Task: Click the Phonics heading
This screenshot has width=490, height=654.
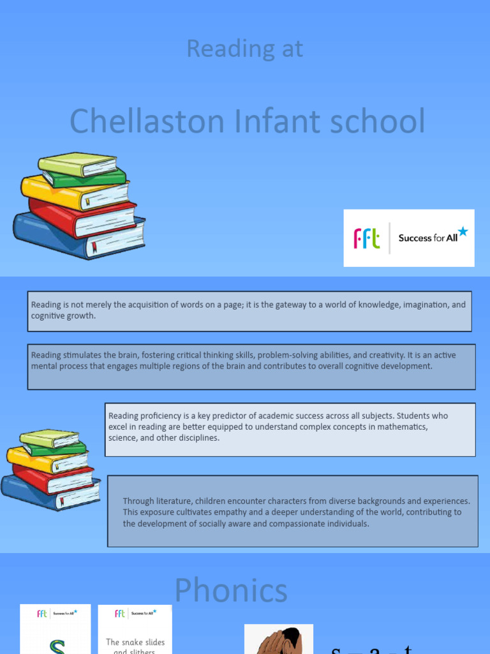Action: click(x=231, y=589)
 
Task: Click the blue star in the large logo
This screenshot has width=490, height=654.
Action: click(x=463, y=231)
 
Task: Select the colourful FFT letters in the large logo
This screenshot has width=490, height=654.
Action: click(x=367, y=239)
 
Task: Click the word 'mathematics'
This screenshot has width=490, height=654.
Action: click(x=404, y=427)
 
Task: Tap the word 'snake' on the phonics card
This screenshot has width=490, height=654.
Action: click(x=135, y=642)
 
